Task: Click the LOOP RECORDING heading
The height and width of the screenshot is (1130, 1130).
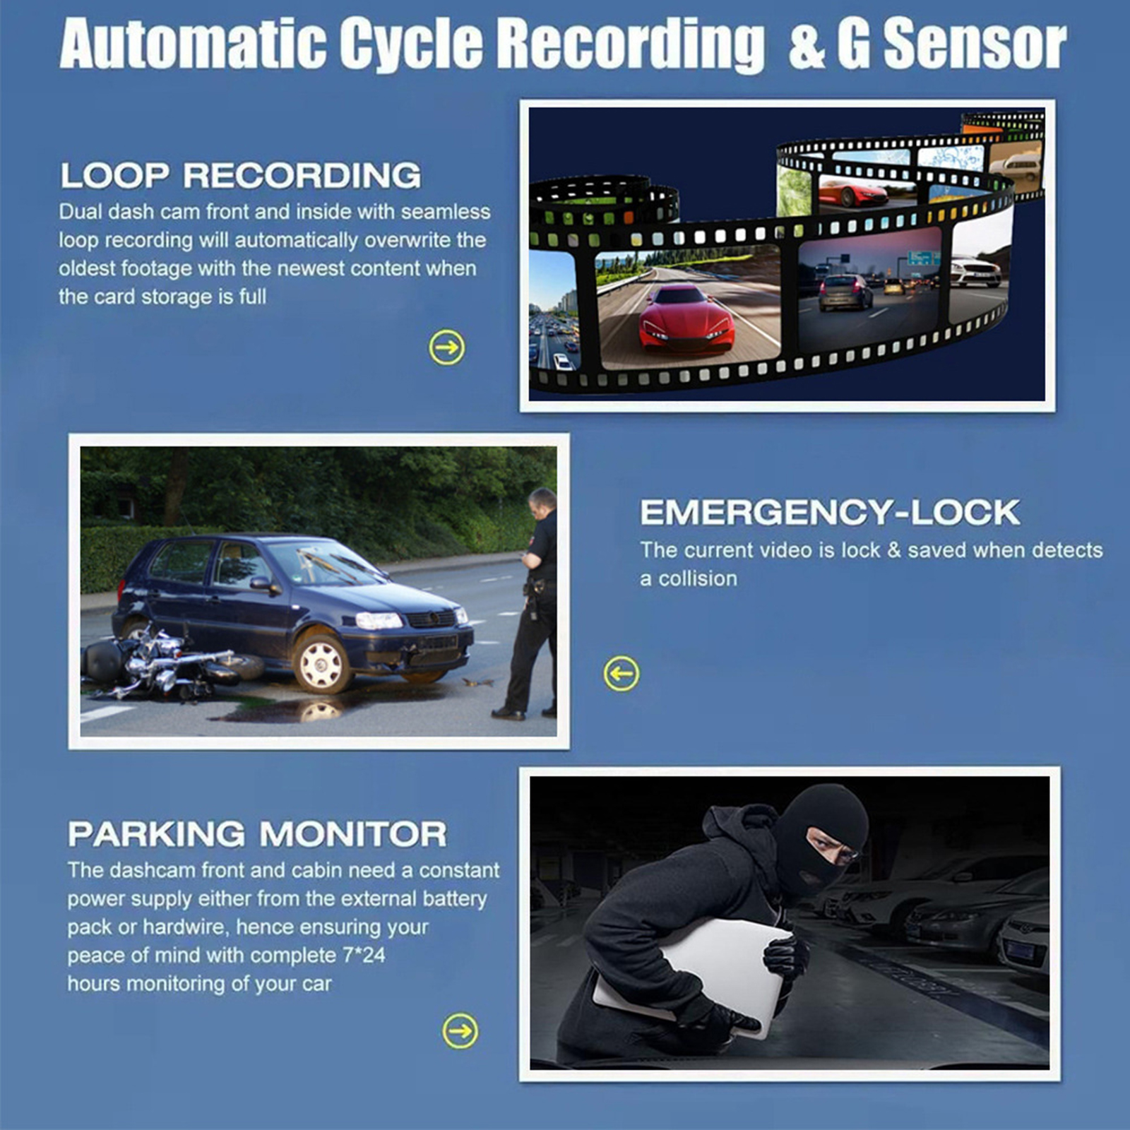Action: click(x=240, y=175)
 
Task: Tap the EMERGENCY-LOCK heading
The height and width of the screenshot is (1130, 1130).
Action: click(x=830, y=512)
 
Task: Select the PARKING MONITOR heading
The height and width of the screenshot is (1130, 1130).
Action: click(x=257, y=834)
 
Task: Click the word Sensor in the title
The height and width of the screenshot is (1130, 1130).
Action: click(x=975, y=44)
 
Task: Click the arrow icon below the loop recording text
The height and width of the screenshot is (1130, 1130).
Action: click(x=447, y=347)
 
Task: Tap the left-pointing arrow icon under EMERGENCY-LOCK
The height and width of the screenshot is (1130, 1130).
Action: click(x=621, y=674)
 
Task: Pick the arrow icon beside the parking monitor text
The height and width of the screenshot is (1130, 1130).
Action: click(x=460, y=1031)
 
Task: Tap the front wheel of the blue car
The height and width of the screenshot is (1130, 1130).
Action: click(x=321, y=662)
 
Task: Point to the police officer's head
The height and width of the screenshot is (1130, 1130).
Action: click(x=542, y=501)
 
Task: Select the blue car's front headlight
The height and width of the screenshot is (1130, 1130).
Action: click(x=379, y=621)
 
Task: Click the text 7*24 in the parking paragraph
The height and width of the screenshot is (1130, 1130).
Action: click(x=364, y=956)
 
